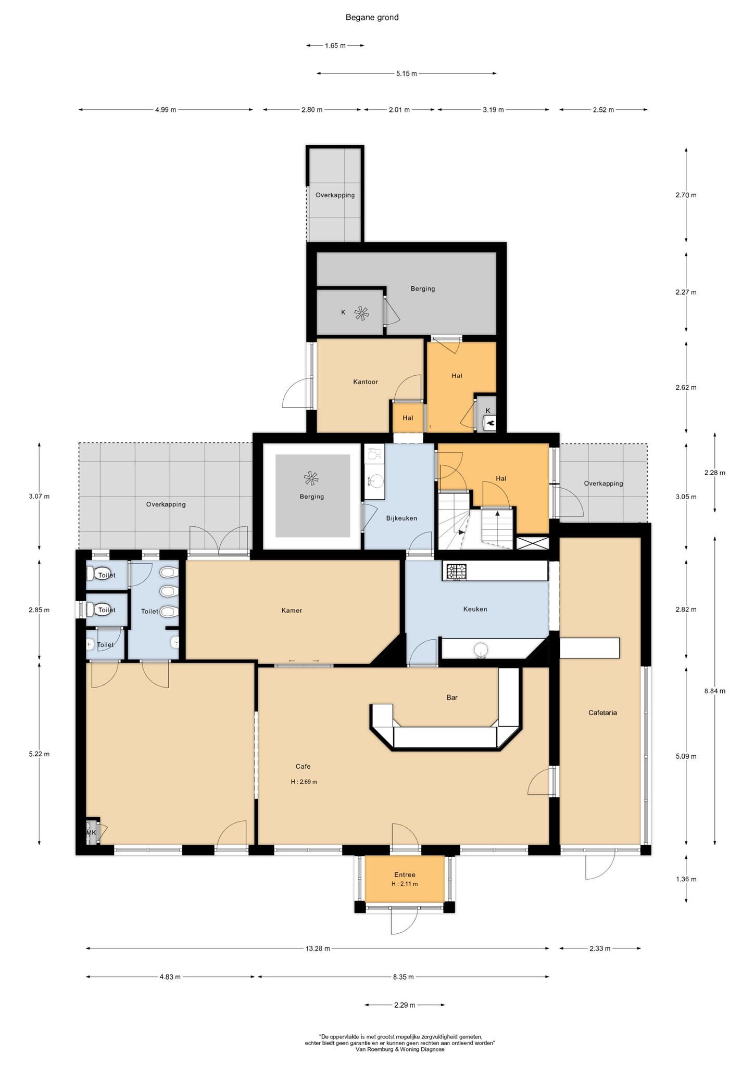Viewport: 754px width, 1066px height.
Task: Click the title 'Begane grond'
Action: (x=372, y=17)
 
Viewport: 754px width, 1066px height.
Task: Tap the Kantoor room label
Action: (x=366, y=382)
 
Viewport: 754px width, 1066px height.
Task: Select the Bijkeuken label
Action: (x=401, y=518)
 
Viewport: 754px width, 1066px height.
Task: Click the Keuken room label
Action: (x=475, y=608)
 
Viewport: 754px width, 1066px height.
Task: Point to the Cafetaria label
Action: (x=602, y=713)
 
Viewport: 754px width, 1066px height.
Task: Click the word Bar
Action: (x=451, y=697)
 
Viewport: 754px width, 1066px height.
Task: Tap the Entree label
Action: (x=405, y=874)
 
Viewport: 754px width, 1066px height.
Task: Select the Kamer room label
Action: (x=292, y=610)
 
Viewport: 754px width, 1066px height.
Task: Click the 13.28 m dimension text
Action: (x=318, y=948)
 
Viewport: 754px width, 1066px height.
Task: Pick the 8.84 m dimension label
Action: (x=714, y=691)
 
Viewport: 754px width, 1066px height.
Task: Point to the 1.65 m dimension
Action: (x=335, y=45)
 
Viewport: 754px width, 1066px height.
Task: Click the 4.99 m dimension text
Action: (x=166, y=109)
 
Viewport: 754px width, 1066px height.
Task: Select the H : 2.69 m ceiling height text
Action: (x=304, y=781)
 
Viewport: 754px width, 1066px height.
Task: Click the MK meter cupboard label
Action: (x=91, y=832)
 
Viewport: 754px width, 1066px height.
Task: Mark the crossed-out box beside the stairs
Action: (x=532, y=543)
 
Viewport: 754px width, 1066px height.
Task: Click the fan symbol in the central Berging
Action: (x=311, y=478)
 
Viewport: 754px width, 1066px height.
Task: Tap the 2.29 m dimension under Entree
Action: (x=405, y=1005)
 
